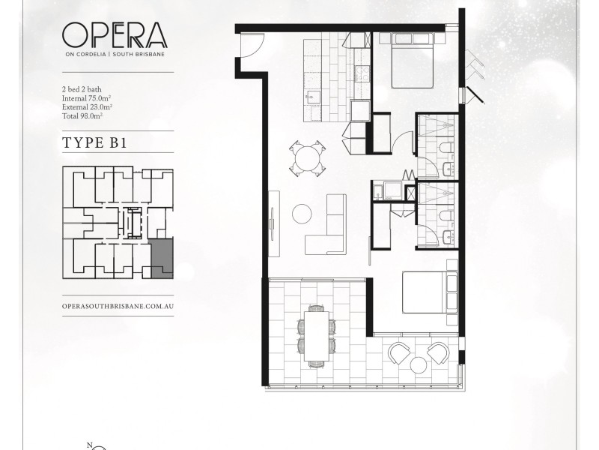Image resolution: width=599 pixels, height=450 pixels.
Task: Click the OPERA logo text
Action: pos(115,35)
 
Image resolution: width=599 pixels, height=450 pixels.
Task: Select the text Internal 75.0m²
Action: pos(88,98)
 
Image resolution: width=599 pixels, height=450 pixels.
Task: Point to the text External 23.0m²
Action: pos(88,107)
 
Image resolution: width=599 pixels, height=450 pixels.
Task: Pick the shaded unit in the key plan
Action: pos(161,259)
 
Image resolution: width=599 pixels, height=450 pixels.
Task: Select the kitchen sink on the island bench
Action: pos(311,96)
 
